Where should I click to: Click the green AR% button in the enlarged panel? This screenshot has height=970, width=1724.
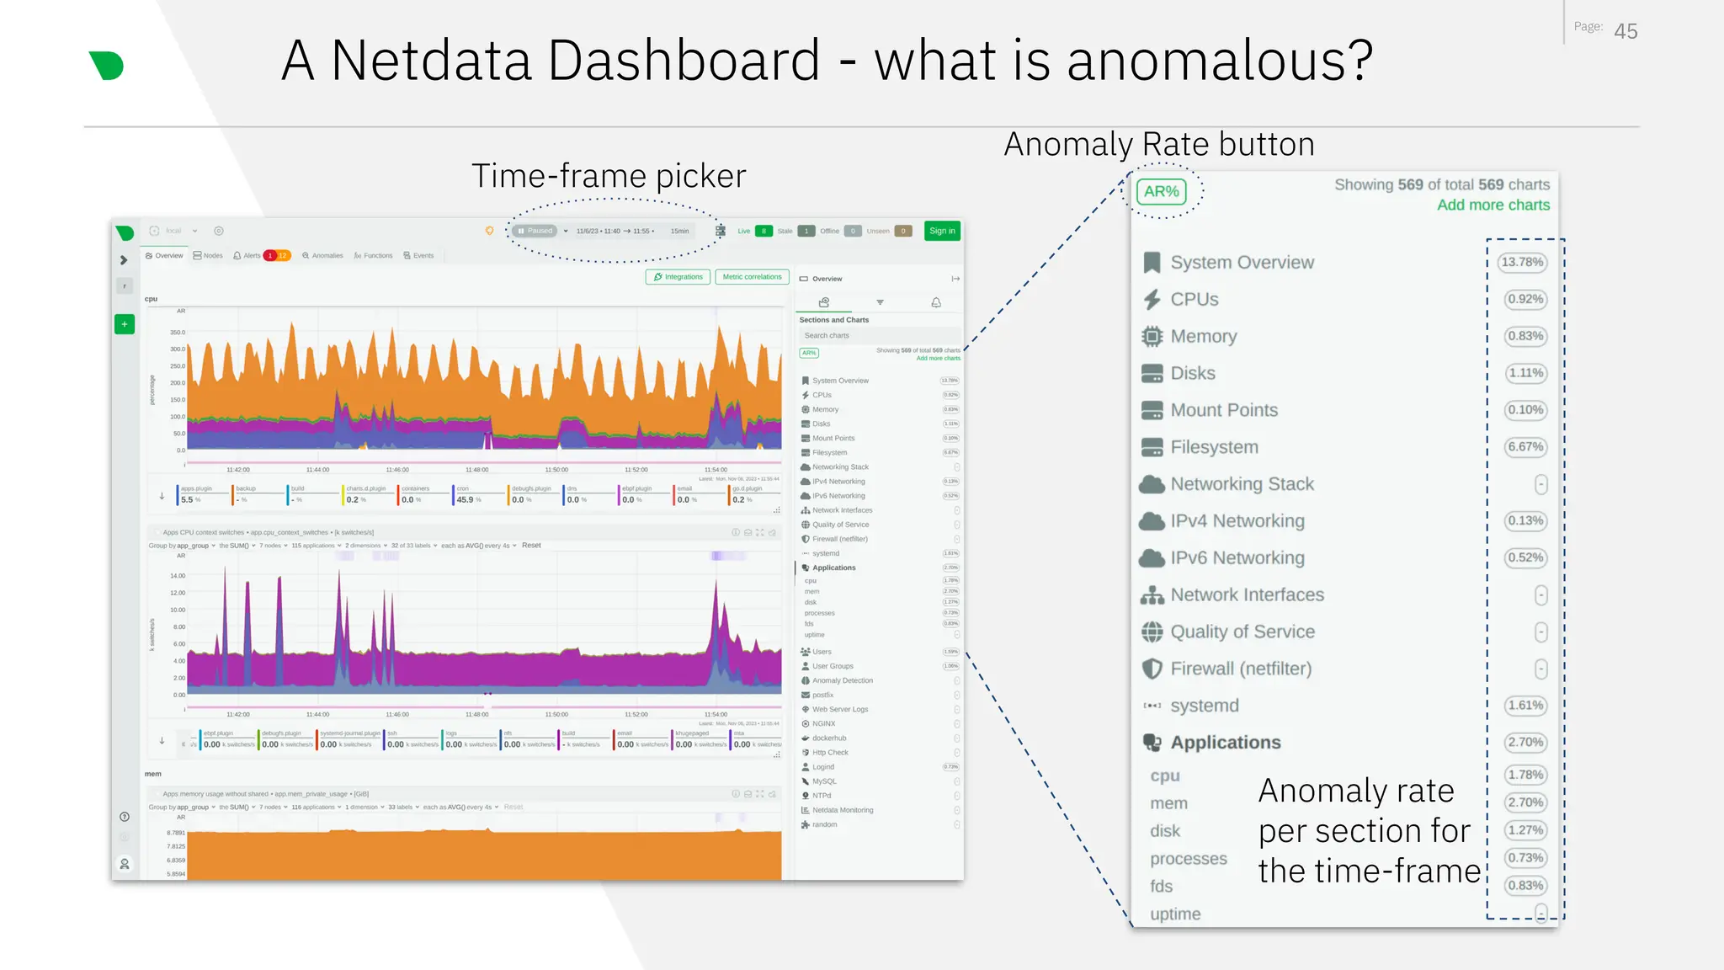tap(1161, 192)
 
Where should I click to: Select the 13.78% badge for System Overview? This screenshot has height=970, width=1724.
tap(1522, 262)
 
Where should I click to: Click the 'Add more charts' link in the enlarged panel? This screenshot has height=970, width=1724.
tap(1493, 205)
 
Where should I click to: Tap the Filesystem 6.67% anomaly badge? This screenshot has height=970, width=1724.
tap(1525, 447)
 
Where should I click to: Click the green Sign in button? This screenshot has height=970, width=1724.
tap(942, 231)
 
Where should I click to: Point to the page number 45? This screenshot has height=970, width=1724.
tap(1626, 32)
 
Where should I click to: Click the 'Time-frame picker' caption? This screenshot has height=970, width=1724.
tap(609, 176)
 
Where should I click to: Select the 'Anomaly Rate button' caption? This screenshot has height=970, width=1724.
tap(1159, 145)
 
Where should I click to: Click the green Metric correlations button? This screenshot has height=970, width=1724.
tap(752, 277)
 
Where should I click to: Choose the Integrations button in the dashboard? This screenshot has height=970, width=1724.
tap(678, 277)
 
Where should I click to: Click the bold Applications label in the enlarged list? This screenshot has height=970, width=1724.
tap(1225, 743)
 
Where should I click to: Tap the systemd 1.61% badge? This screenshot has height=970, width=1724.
tap(1525, 706)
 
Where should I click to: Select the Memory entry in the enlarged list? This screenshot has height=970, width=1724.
tap(1203, 336)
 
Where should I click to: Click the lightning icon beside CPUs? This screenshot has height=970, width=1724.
tap(1152, 300)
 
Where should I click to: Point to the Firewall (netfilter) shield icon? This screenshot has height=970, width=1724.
tap(1152, 669)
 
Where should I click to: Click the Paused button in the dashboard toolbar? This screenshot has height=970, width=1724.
tap(535, 231)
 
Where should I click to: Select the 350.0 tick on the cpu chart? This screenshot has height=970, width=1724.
tap(178, 333)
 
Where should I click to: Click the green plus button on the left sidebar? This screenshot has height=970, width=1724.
tap(125, 324)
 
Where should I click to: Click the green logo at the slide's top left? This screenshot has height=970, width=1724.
tap(107, 66)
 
